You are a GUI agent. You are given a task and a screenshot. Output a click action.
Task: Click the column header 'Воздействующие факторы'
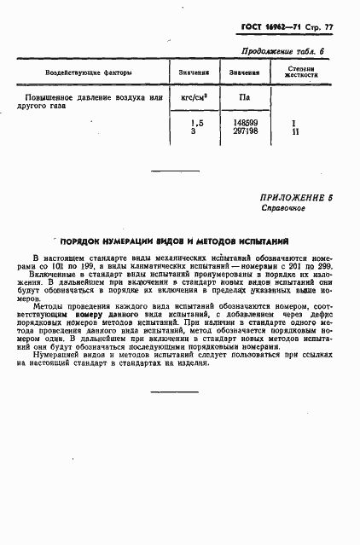coord(78,72)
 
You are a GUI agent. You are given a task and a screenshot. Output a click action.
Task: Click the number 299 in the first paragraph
coord(322,266)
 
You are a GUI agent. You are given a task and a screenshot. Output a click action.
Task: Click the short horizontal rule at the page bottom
coord(174,392)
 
